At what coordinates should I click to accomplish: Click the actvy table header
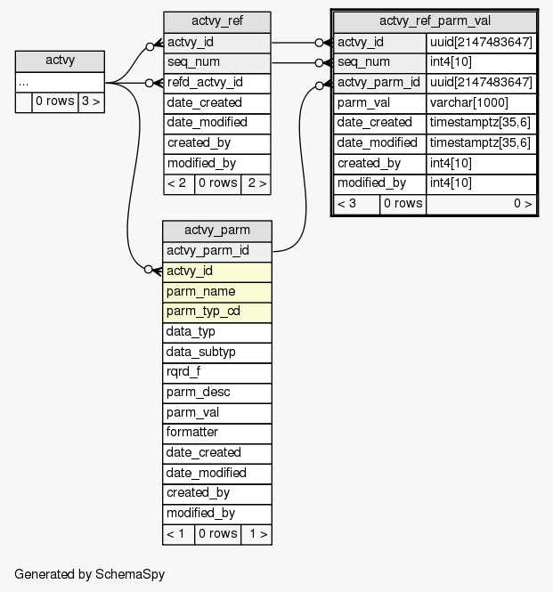pyautogui.click(x=60, y=61)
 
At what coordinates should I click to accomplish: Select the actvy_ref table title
pyautogui.click(x=217, y=21)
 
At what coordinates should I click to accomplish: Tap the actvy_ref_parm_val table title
pyautogui.click(x=435, y=21)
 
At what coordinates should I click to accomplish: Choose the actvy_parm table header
pyautogui.click(x=217, y=231)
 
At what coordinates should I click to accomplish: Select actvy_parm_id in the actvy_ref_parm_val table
pyautogui.click(x=379, y=83)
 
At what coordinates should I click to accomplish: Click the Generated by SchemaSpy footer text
pyautogui.click(x=89, y=574)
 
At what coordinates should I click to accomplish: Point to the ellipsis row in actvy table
pyautogui.click(x=60, y=82)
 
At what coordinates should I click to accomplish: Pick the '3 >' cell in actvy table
pyautogui.click(x=91, y=102)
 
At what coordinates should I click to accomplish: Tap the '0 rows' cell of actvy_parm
pyautogui.click(x=217, y=534)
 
